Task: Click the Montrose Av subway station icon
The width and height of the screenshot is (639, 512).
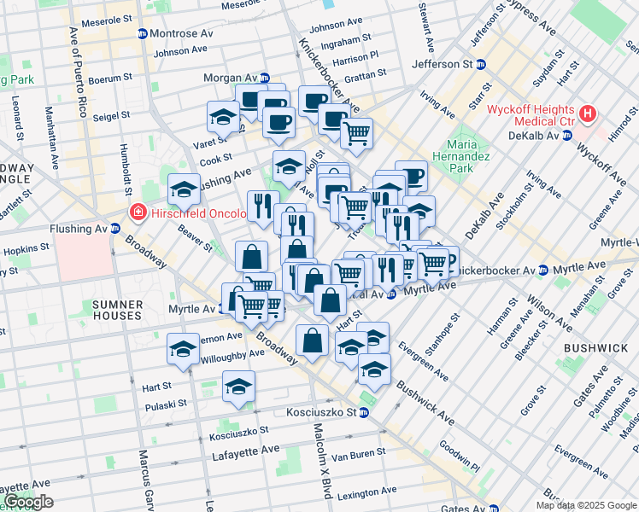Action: [142, 33]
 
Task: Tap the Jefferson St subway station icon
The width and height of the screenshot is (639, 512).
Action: [481, 64]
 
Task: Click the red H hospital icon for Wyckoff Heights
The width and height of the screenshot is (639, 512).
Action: [587, 113]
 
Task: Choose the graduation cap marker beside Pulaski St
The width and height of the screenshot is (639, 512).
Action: [239, 386]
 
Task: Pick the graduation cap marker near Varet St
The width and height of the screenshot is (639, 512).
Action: [223, 116]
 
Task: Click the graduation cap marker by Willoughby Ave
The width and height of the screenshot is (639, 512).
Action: [183, 348]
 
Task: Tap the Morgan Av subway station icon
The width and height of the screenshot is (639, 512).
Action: [265, 78]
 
